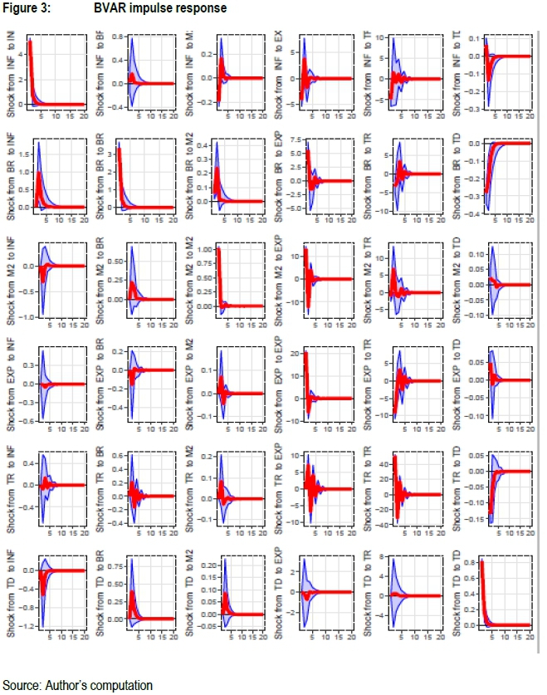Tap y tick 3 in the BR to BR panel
pos(112,153)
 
